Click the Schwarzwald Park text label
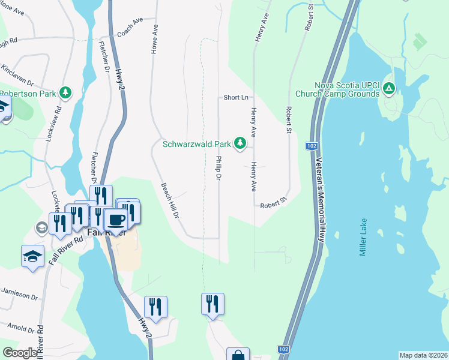coord(197,144)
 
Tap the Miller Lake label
coord(363,237)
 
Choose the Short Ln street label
coord(236,97)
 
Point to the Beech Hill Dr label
coord(171,200)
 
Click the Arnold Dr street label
coord(21,327)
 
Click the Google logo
coord(20,353)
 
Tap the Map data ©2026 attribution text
coord(423,355)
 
